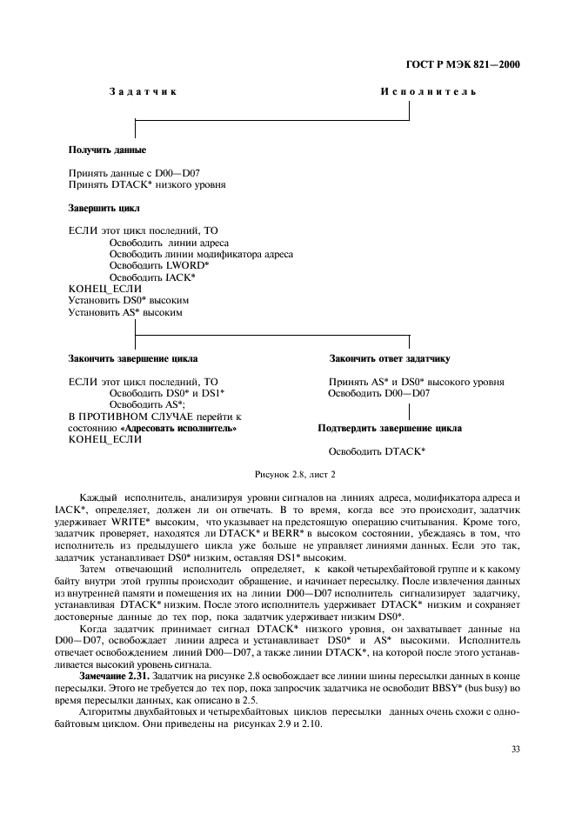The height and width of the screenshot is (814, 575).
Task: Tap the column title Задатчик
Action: (x=144, y=92)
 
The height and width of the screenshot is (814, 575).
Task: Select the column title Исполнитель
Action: (x=428, y=92)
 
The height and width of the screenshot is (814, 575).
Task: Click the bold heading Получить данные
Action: (x=107, y=150)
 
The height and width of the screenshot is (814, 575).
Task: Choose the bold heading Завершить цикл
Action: (x=104, y=209)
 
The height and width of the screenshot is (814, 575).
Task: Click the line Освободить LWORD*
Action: (x=159, y=265)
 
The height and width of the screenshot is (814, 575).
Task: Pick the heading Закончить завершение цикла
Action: (x=132, y=358)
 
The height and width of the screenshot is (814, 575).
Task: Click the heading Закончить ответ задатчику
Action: (x=389, y=358)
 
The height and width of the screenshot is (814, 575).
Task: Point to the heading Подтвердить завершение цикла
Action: (x=390, y=428)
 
